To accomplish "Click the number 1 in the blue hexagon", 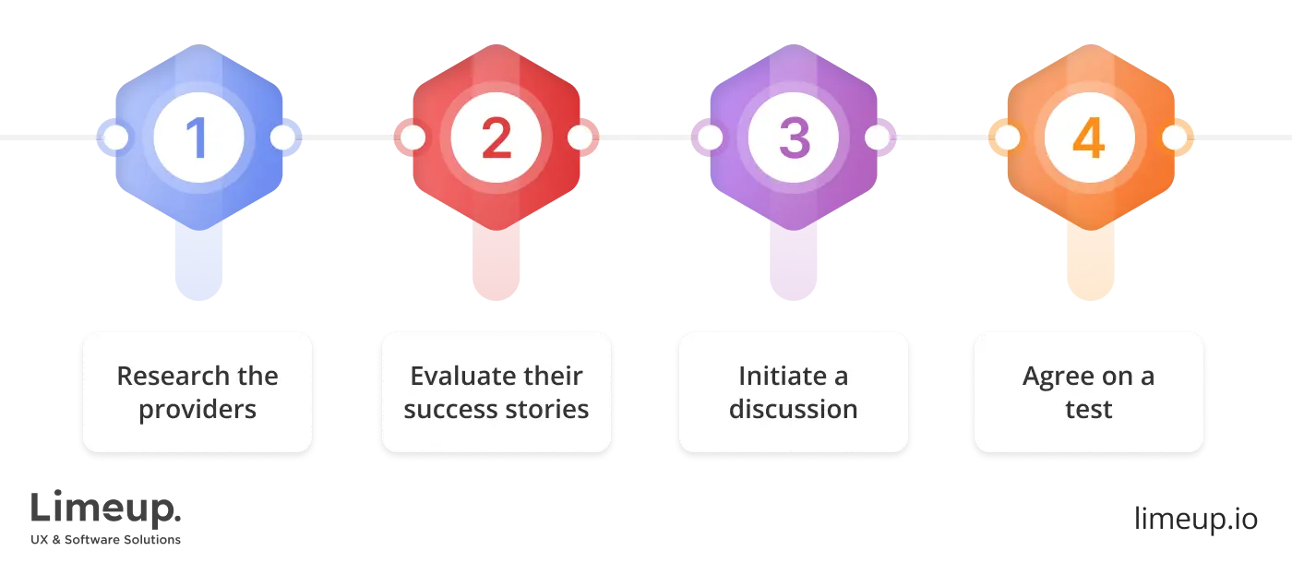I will click(197, 138).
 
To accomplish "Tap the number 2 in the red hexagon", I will click(496, 138).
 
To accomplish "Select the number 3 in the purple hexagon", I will click(793, 138).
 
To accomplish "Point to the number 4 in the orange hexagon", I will click(1089, 138).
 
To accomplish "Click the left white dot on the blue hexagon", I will click(115, 138).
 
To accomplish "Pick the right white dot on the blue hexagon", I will click(282, 138).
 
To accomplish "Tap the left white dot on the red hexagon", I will click(413, 138).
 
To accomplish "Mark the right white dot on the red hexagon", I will click(580, 138).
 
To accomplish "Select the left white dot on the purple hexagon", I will click(710, 138).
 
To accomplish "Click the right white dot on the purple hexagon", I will click(877, 138).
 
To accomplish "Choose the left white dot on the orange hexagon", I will click(1007, 138).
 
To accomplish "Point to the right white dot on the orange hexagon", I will click(1174, 138).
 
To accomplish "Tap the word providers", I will click(197, 410).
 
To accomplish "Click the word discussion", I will click(793, 409).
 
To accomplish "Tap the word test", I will click(1089, 409).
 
